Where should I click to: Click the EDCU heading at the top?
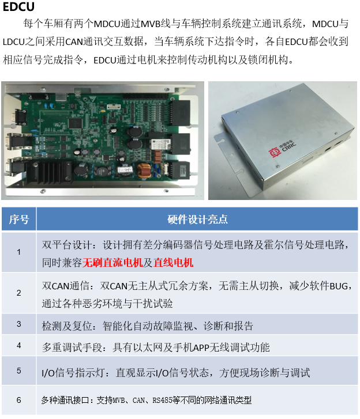[x=18, y=6]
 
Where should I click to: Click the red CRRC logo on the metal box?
[x=275, y=153]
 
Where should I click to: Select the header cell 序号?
[x=18, y=219]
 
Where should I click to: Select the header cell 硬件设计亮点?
[x=197, y=219]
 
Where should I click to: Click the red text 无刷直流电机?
[x=112, y=263]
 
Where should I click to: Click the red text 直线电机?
[x=173, y=263]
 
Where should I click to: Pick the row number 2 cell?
[x=18, y=293]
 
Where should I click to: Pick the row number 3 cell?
[x=18, y=324]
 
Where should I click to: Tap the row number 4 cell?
[x=18, y=345]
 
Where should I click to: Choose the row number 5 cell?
[x=18, y=371]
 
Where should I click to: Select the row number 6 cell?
[x=18, y=400]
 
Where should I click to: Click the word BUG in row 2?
[x=339, y=286]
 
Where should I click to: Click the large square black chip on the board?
[x=74, y=123]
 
